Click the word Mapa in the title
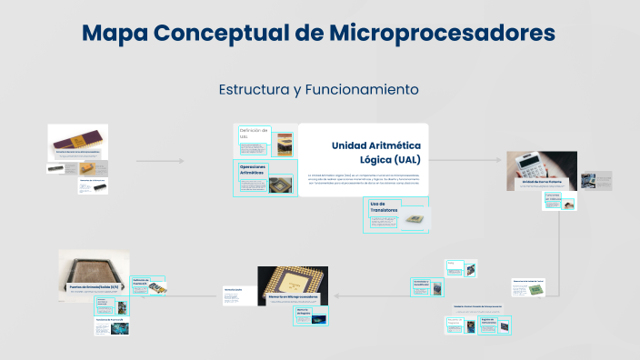click(115, 34)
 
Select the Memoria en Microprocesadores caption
click(292, 297)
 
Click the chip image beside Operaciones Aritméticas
click(281, 184)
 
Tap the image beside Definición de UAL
click(285, 142)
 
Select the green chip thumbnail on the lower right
click(537, 290)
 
